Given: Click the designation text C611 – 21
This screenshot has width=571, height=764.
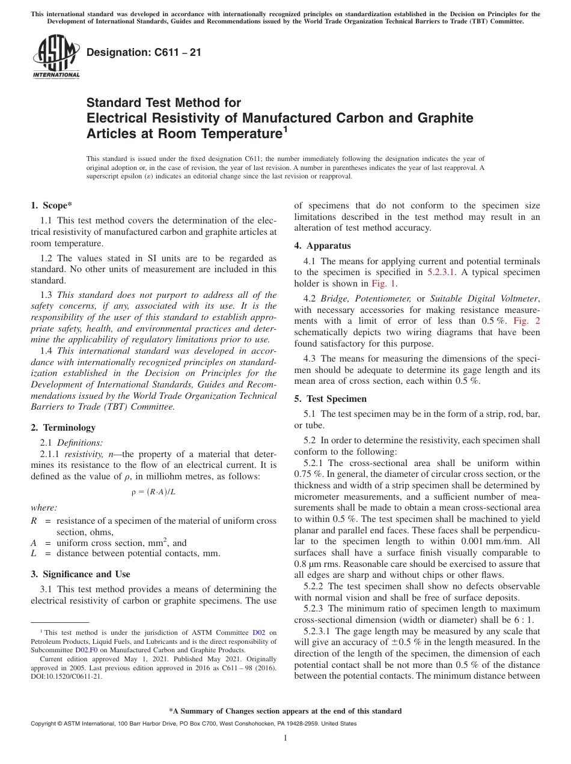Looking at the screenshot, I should [x=144, y=53].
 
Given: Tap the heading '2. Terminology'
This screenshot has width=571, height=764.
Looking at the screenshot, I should [x=63, y=428].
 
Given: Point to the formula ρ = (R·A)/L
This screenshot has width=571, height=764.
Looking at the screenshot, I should [x=153, y=492].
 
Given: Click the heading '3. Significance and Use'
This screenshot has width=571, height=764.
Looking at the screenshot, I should [x=80, y=574].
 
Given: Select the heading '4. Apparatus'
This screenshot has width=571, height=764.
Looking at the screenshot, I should [x=322, y=246].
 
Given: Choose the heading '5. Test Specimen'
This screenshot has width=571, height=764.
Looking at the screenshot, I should [x=330, y=399].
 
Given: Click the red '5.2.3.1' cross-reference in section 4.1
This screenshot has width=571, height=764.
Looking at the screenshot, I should [x=442, y=272].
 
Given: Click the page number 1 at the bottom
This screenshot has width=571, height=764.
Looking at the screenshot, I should [x=285, y=738].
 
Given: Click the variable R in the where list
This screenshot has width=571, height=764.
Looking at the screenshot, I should [x=34, y=521].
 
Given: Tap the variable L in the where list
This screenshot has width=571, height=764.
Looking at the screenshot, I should [x=34, y=553].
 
